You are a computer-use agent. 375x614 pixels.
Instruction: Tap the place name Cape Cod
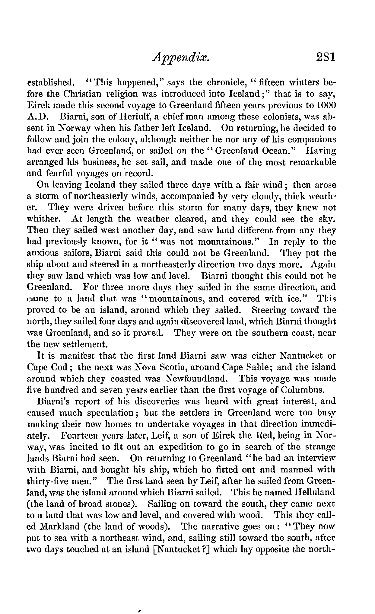coord(48,367)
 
